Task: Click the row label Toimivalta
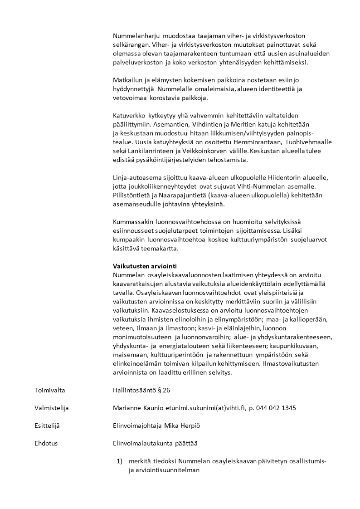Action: pos(49,390)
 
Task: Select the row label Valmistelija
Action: pos(51,408)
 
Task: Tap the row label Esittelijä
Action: pos(47,426)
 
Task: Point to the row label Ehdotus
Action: pos(46,443)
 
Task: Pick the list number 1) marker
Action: pos(120,461)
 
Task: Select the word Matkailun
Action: pos(127,80)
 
